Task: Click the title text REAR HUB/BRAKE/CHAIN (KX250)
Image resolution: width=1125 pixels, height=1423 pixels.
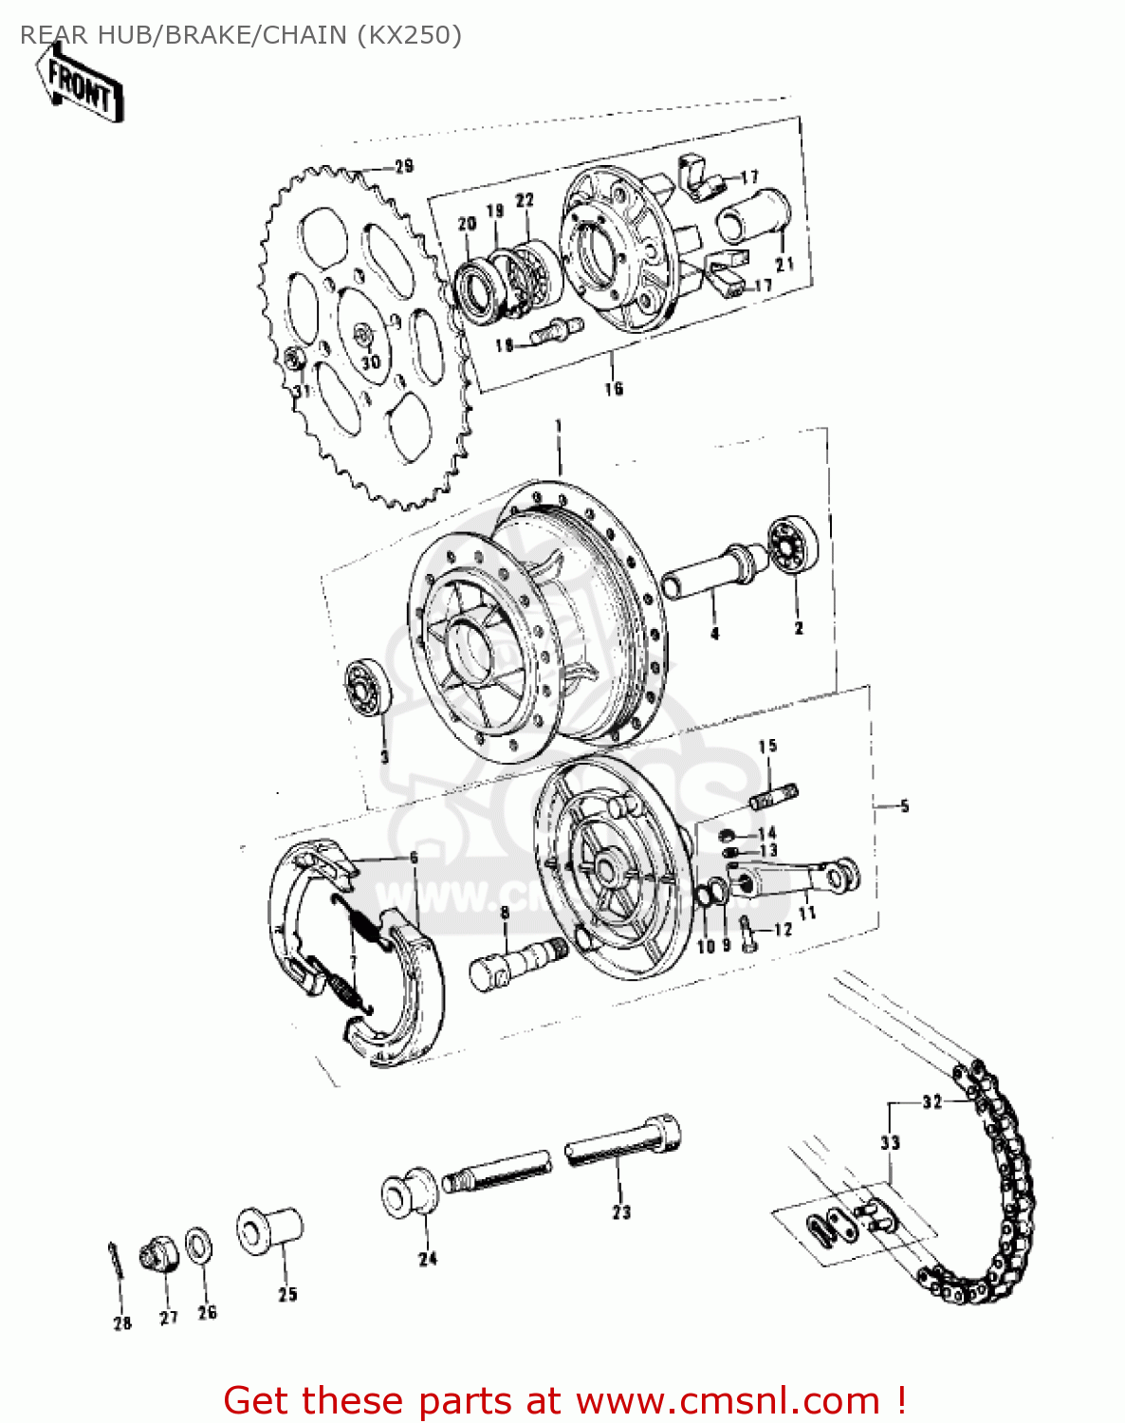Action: (x=241, y=35)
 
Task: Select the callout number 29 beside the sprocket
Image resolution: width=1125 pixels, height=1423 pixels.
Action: (x=404, y=167)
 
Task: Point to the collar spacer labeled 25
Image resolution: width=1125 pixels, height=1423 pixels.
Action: (x=269, y=1230)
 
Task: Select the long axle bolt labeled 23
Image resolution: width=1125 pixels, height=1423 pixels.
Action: (x=623, y=1141)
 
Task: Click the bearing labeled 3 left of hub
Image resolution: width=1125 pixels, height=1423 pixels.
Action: (x=367, y=685)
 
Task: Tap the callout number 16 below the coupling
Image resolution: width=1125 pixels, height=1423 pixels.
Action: (x=614, y=388)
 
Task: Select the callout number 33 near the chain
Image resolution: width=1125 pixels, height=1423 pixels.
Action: (x=889, y=1142)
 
